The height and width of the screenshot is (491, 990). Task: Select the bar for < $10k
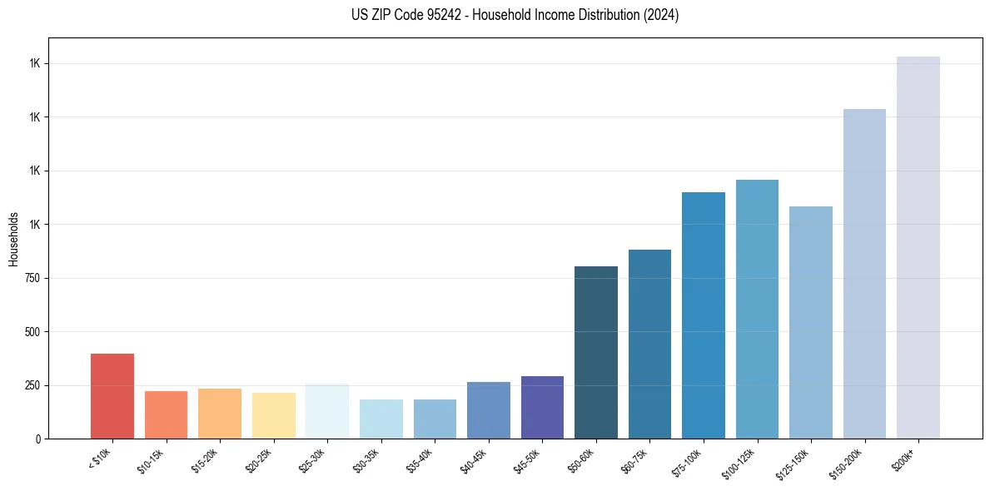pyautogui.click(x=112, y=396)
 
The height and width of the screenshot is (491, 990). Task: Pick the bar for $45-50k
pyautogui.click(x=543, y=407)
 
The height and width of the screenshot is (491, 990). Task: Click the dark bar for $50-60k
pyautogui.click(x=596, y=352)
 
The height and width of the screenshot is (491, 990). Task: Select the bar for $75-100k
pyautogui.click(x=704, y=315)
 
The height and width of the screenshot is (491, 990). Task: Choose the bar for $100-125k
pyautogui.click(x=757, y=309)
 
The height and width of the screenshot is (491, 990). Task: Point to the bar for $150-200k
pyautogui.click(x=864, y=274)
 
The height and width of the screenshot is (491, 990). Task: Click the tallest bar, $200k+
pyautogui.click(x=918, y=247)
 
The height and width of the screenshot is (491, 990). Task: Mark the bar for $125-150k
pyautogui.click(x=811, y=322)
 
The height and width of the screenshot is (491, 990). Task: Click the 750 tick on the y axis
pyautogui.click(x=34, y=278)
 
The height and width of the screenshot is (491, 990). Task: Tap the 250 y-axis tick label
pyautogui.click(x=34, y=385)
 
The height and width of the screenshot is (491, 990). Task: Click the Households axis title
pyautogui.click(x=13, y=238)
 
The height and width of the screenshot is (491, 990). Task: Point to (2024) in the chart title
pyautogui.click(x=661, y=15)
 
